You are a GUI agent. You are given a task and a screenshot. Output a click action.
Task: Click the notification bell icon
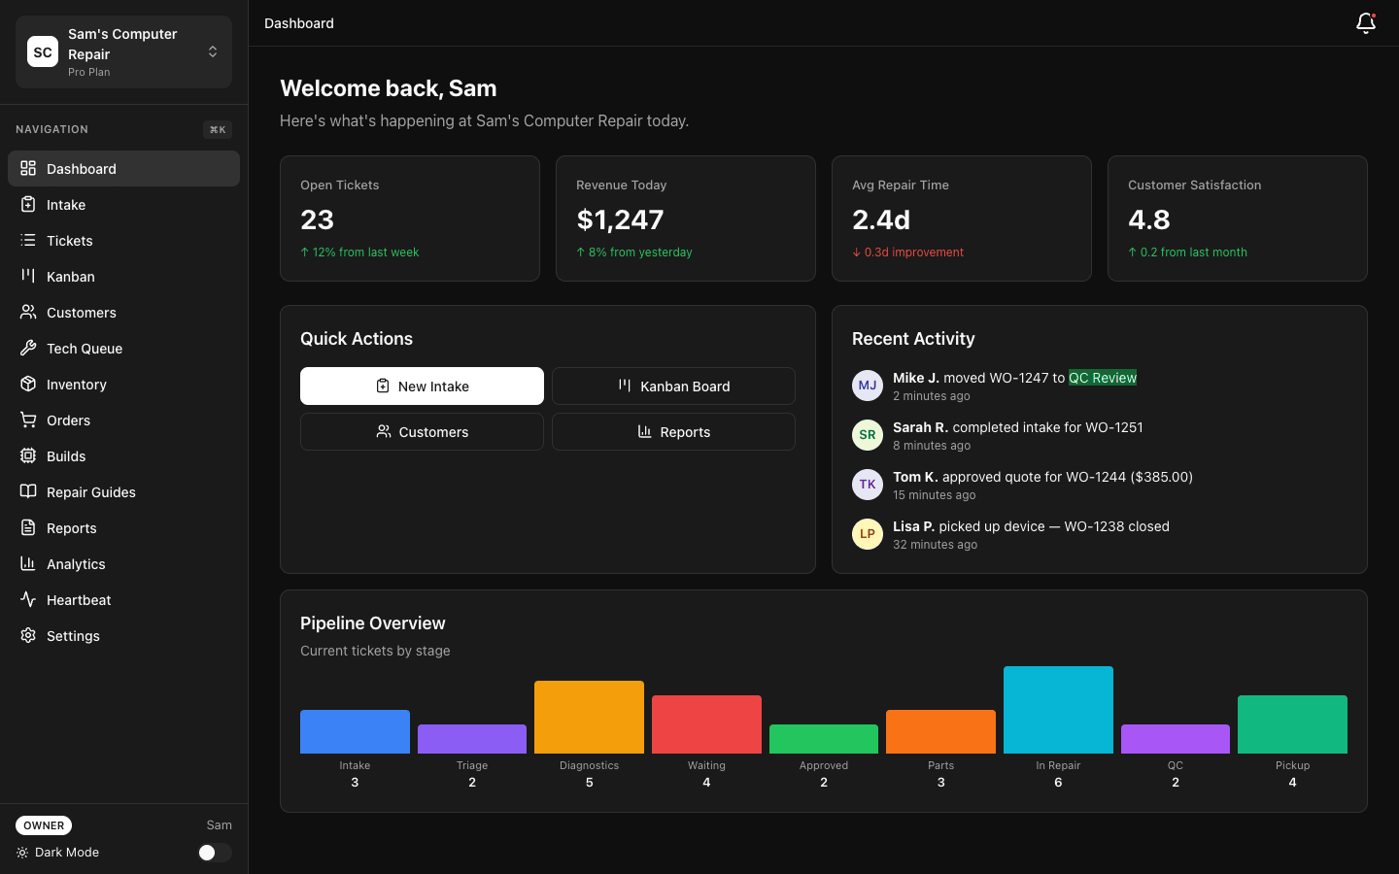point(1365,23)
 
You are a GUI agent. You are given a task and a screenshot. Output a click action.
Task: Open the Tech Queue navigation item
point(85,349)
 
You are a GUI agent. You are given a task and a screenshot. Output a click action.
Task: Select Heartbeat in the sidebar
point(79,600)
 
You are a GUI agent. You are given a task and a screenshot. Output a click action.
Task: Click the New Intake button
point(422,387)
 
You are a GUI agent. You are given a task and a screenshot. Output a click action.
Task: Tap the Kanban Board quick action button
point(673,387)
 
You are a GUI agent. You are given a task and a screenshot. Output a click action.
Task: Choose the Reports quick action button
point(673,432)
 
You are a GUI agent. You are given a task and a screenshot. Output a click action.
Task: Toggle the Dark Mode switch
point(214,853)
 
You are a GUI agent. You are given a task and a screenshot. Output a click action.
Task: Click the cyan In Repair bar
point(1058,710)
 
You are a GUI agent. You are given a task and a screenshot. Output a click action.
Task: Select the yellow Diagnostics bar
point(589,717)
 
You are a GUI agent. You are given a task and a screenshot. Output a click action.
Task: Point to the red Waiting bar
point(706,724)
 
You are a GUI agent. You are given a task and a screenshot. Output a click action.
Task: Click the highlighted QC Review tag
point(1102,378)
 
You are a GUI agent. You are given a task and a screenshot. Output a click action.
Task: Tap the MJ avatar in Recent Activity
point(867,386)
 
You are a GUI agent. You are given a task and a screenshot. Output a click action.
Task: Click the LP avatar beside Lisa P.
point(867,534)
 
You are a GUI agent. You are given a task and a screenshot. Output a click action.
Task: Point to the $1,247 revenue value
point(620,220)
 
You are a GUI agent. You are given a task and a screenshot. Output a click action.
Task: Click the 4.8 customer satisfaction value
point(1149,220)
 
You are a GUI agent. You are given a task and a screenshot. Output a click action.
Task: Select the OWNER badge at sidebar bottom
point(44,825)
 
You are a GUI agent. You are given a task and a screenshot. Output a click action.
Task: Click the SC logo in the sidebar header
point(43,52)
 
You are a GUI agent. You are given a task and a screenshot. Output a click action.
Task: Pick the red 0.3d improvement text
point(908,252)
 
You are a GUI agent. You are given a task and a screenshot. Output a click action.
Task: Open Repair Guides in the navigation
point(91,492)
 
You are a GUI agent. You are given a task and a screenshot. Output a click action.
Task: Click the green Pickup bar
point(1292,724)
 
